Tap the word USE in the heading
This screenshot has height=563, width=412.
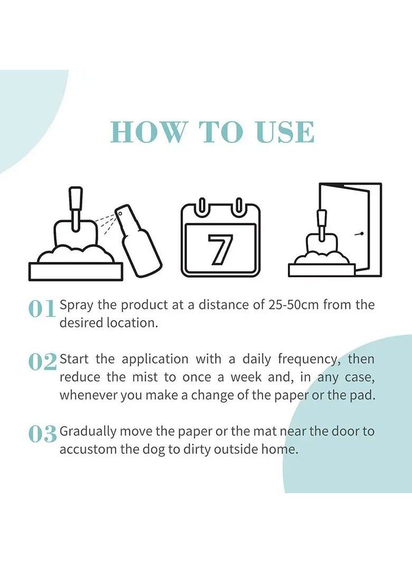pos(285,132)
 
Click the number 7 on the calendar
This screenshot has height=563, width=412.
pos(220,250)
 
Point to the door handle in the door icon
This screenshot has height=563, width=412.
pos(361,233)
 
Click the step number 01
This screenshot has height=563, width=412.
pos(42,308)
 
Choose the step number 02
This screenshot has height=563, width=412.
pos(42,362)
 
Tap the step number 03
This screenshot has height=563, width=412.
pos(42,434)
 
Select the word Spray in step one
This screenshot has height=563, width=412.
pos(77,305)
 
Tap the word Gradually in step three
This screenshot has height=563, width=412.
pos(88,431)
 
